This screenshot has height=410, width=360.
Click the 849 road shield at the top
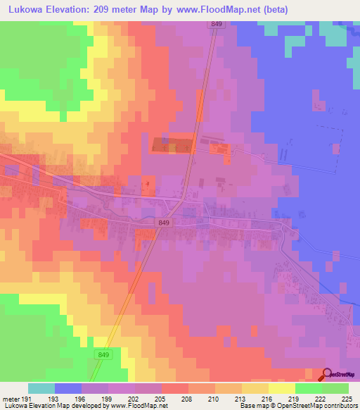tap(216, 25)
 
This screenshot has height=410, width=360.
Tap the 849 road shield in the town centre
tap(164, 222)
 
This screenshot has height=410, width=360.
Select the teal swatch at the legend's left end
tap(41, 388)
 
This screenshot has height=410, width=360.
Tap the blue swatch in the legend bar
tap(68, 388)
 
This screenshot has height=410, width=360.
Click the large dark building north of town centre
tap(172, 145)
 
